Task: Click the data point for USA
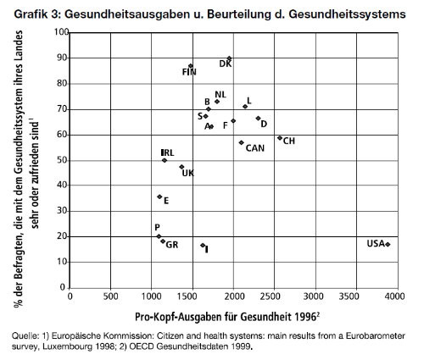[x=388, y=245]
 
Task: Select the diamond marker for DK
[x=229, y=58]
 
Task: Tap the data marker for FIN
[x=191, y=66]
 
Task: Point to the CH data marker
[x=280, y=138]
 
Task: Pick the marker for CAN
[x=242, y=142]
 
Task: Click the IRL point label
[x=167, y=152]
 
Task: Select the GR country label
[x=172, y=245]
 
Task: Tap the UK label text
[x=188, y=173]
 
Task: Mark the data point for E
[x=159, y=197]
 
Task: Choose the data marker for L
[x=245, y=107]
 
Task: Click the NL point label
[x=220, y=95]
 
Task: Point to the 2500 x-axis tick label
[x=274, y=296]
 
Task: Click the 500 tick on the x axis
[x=110, y=296]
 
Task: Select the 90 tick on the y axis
[x=63, y=58]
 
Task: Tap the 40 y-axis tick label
[x=63, y=186]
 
